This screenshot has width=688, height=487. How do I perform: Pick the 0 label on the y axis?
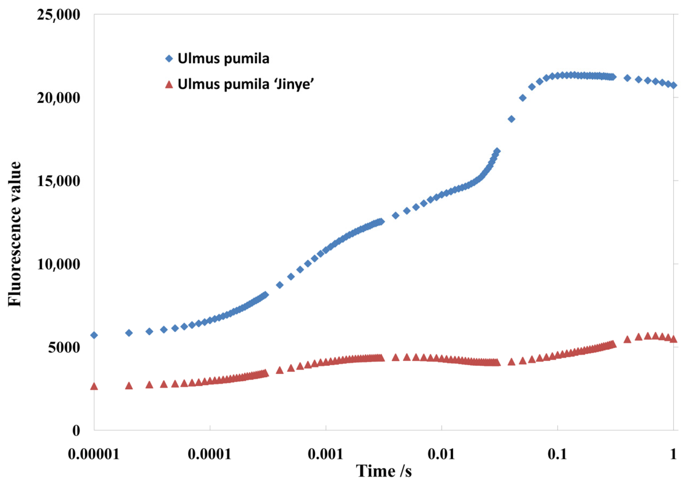point(76,431)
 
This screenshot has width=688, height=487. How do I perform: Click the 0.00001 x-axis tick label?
point(94,454)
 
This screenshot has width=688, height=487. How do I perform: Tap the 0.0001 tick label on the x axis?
point(210,454)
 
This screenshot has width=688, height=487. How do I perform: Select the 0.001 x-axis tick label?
point(326,454)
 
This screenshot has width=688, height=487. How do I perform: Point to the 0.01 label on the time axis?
point(441,454)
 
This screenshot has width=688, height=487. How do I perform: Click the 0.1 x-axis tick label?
point(557,454)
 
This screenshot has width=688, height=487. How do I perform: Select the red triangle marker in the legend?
point(169,84)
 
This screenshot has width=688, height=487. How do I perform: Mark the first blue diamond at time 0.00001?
point(94,335)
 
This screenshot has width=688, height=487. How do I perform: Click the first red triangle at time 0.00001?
point(94,386)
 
